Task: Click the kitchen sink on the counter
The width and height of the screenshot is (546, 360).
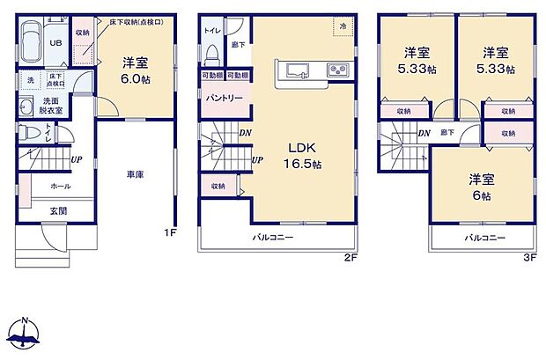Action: [295, 70]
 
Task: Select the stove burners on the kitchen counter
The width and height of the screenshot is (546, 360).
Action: [336, 70]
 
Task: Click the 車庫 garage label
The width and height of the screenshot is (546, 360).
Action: [134, 174]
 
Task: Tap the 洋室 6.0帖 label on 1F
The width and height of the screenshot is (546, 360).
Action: [133, 69]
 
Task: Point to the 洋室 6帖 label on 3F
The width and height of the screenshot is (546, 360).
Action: [481, 187]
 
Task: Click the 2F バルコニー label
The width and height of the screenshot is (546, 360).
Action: [273, 238]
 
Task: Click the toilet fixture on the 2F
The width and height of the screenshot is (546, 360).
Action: [210, 55]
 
